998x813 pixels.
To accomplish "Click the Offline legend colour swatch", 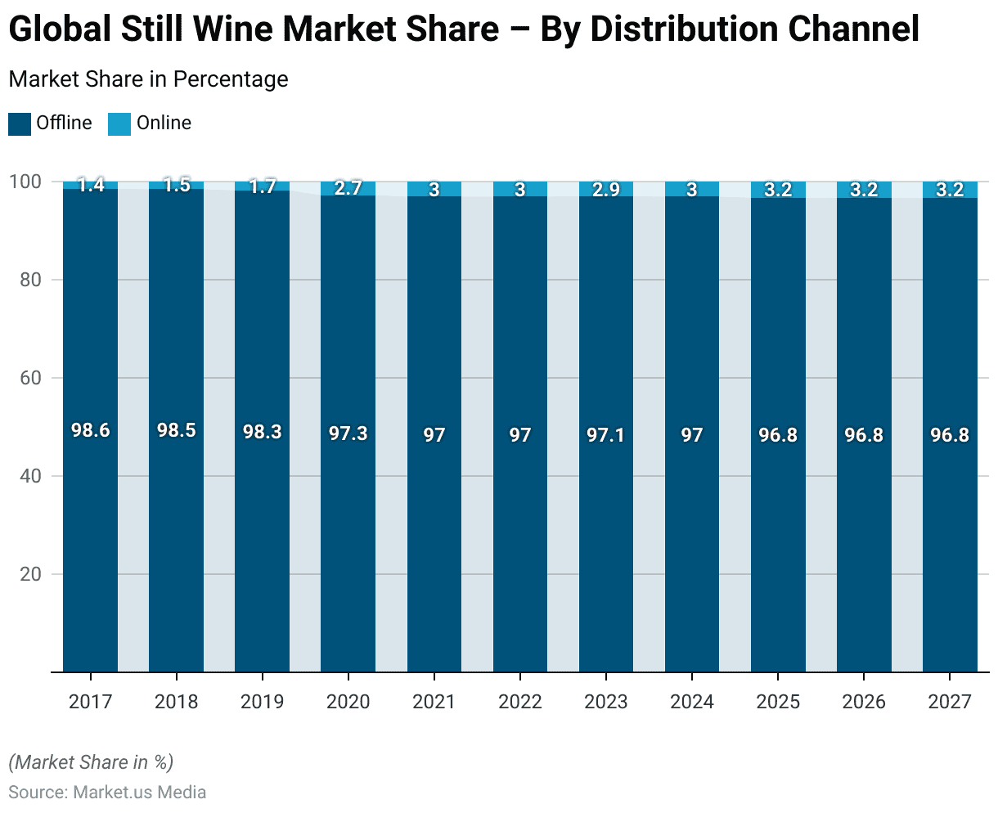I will tap(20, 124).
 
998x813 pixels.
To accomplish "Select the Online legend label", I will tap(164, 124).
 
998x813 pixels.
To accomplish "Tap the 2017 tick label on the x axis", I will tap(90, 702).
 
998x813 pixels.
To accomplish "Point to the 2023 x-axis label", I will tap(606, 702).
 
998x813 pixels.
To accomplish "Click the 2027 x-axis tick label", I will tap(950, 702).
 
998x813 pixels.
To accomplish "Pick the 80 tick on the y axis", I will tap(31, 280).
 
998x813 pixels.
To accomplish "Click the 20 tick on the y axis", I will tap(31, 574).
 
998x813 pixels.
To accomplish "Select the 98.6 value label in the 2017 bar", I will tap(90, 431).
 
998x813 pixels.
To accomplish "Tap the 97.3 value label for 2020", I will tap(348, 433).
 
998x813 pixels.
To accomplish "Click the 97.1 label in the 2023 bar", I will tap(606, 434).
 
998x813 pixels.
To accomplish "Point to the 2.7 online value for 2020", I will tap(348, 189).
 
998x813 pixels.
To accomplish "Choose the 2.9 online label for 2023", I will tap(606, 189).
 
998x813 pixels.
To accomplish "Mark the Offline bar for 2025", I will tap(778, 532).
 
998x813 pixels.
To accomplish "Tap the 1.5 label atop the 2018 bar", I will tap(176, 185).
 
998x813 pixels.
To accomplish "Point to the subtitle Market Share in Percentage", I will tap(148, 79).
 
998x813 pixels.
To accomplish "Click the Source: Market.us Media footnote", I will tap(107, 793).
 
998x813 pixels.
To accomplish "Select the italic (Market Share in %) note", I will tap(91, 762).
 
